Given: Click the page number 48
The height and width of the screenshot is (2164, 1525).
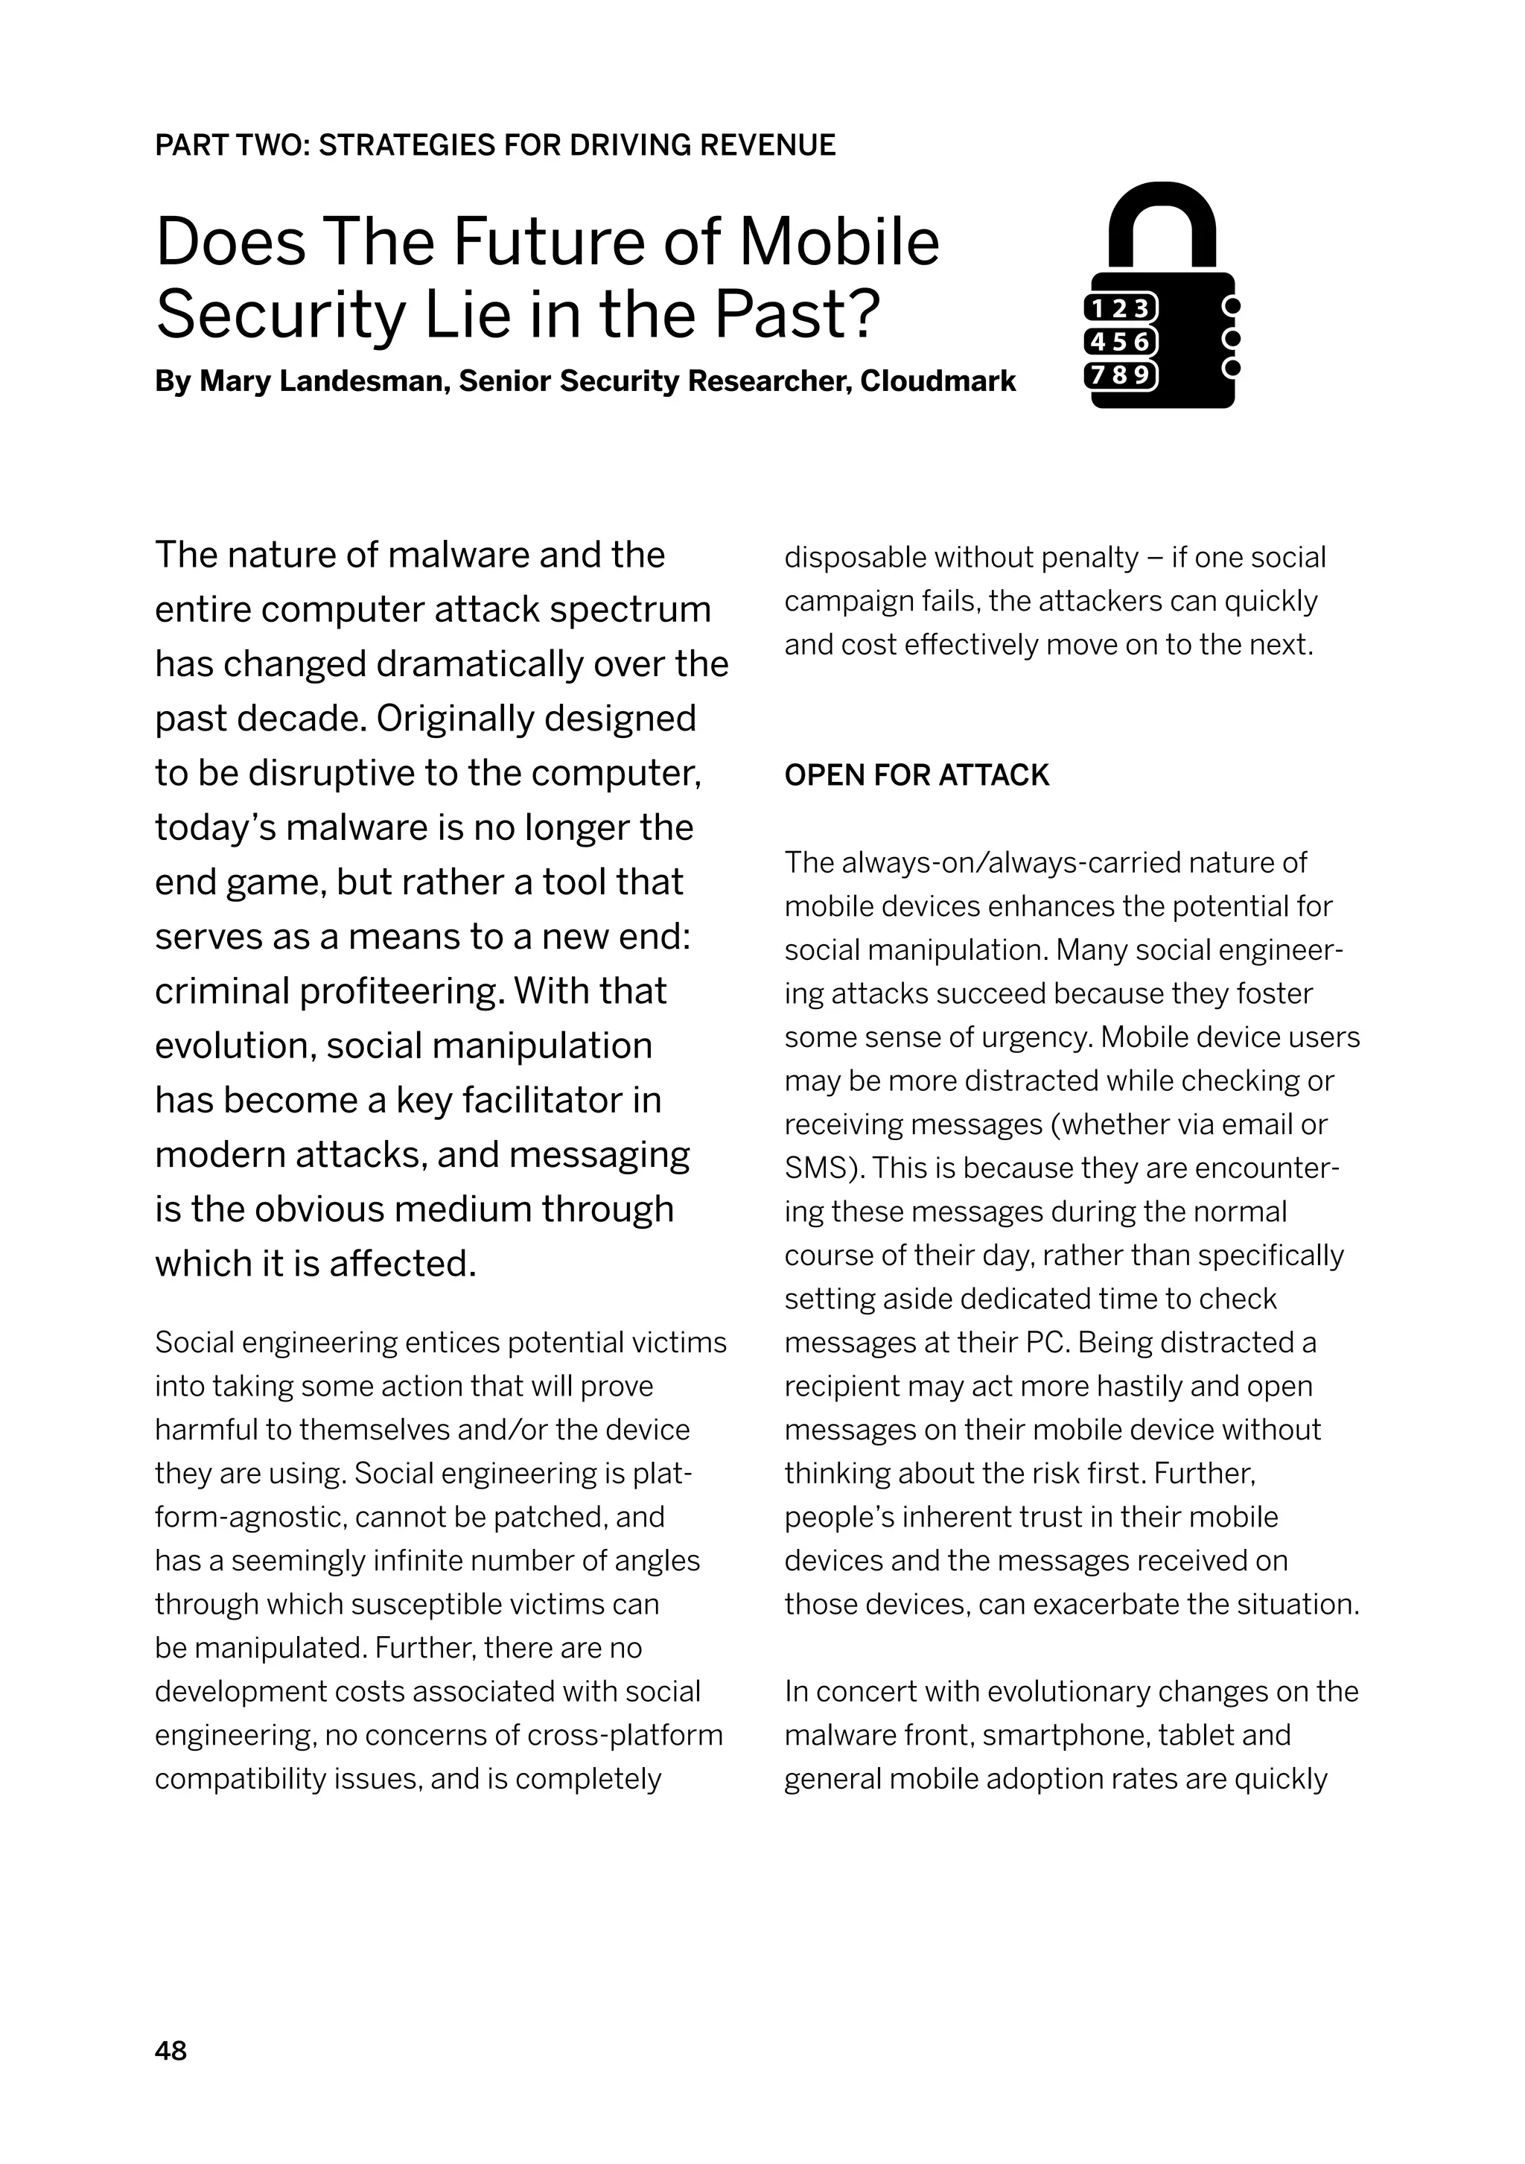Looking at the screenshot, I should [x=171, y=2050].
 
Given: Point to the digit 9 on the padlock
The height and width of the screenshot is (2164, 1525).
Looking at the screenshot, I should [x=1142, y=375].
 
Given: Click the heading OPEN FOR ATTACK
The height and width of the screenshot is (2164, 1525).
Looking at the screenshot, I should [x=916, y=774].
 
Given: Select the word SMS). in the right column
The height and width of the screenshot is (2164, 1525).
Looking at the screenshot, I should [x=824, y=1168].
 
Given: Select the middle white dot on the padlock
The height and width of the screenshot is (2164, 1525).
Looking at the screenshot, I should [x=1230, y=337].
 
